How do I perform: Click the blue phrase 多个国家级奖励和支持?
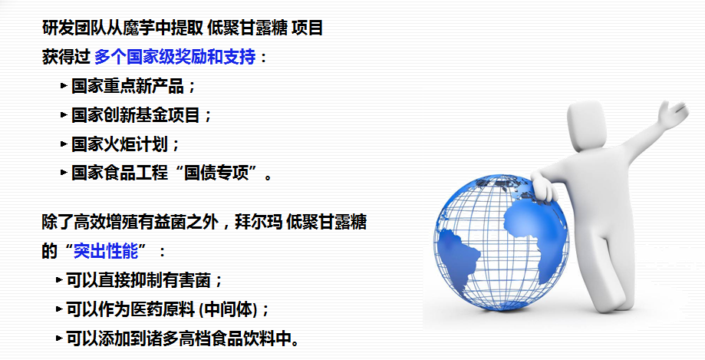175,57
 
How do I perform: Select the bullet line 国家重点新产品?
127,86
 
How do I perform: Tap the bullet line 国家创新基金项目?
135,115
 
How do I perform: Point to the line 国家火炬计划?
120,144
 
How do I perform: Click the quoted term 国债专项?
216,173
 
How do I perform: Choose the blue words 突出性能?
106,251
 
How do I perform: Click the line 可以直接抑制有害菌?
139,280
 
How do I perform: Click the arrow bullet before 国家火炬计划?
64,144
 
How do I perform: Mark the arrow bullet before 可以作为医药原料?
59,309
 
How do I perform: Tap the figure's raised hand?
673,114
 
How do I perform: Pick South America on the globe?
457,256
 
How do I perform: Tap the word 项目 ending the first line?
307,28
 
